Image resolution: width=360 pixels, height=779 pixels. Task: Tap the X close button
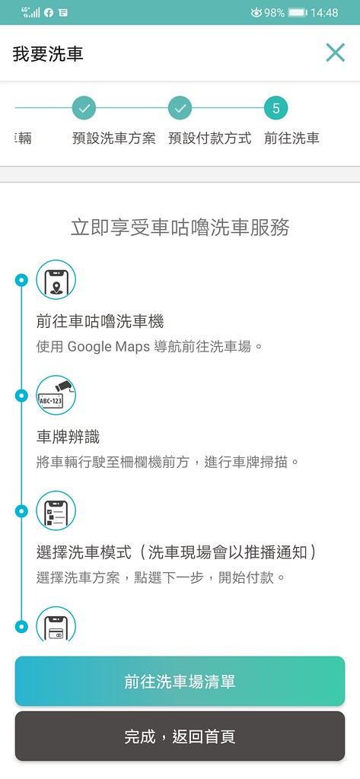coord(336,52)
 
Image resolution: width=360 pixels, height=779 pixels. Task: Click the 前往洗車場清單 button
coord(180,681)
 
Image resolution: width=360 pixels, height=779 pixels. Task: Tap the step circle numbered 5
coord(276,108)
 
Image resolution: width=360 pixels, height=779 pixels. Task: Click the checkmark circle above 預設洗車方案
coord(84,108)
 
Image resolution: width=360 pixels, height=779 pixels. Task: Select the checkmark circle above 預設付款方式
coord(180,108)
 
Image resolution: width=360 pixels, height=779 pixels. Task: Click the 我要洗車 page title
coord(48,54)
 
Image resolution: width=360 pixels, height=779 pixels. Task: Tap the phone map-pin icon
coord(56,280)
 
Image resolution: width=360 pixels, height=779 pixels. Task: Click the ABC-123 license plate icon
coord(56,395)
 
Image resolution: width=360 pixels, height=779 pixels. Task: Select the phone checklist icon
coord(56,510)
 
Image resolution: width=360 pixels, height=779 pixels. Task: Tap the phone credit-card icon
coord(56,624)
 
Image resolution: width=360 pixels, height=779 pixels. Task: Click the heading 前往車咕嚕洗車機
coord(100,322)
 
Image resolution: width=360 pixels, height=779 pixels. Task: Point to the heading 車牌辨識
coord(68,437)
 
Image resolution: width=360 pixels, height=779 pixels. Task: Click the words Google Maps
coord(108,346)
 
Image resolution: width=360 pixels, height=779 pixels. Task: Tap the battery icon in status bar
coord(298,12)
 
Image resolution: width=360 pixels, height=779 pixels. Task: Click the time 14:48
coord(324,12)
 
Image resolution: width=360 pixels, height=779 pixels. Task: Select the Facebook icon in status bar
coord(48,13)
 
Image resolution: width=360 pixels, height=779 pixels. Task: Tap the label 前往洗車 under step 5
coord(292,138)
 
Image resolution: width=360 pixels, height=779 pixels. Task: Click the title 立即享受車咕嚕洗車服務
coord(180,228)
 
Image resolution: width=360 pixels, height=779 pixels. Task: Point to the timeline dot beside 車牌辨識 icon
coord(21,396)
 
